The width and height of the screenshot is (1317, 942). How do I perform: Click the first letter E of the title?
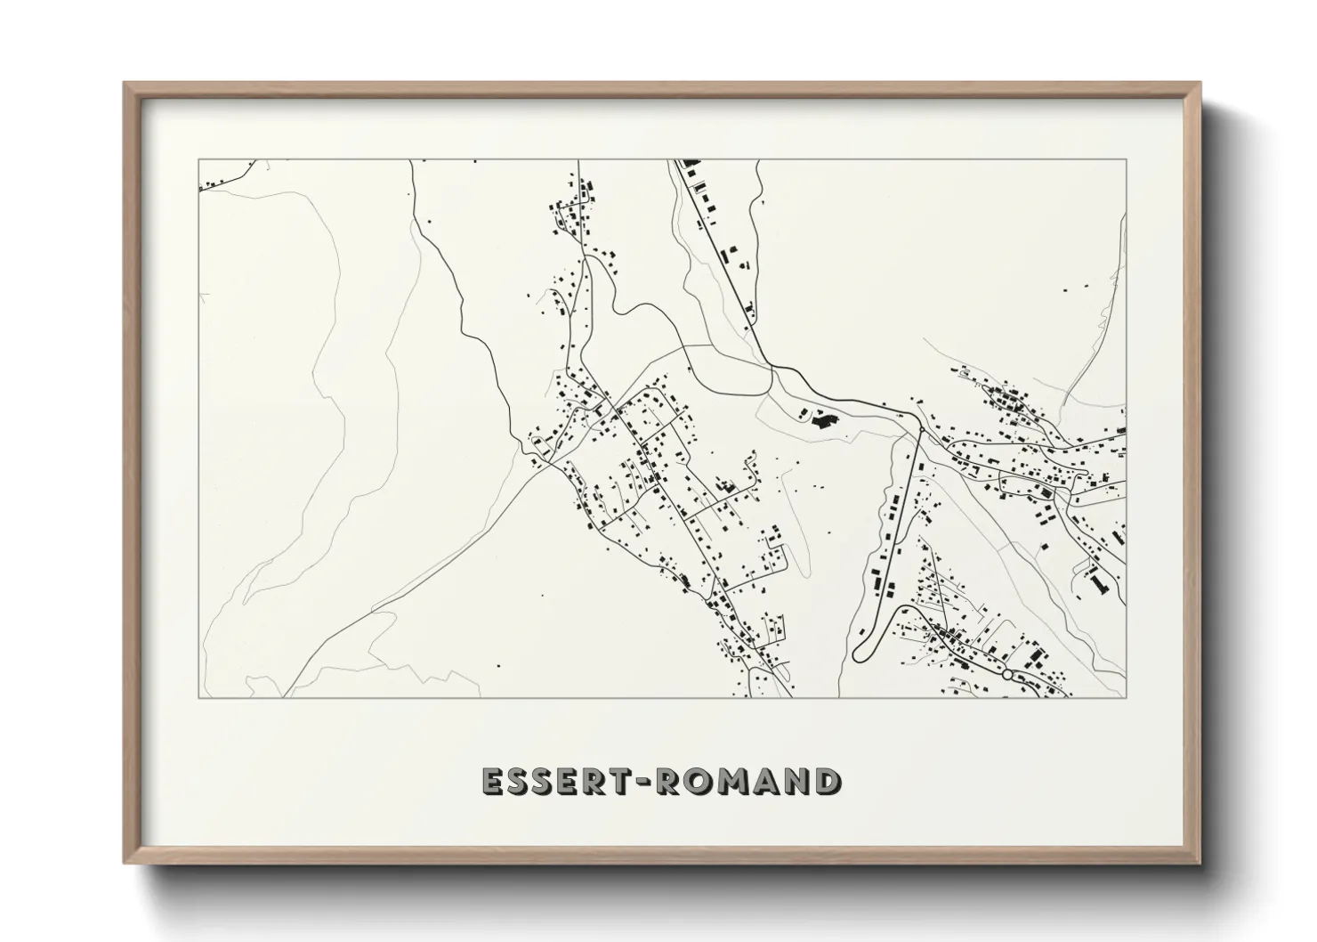point(492,782)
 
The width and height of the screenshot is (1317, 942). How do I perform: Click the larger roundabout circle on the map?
point(1007,675)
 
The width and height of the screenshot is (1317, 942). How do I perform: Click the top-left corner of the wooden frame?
point(125,84)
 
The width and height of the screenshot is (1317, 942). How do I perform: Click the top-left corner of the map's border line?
point(198,160)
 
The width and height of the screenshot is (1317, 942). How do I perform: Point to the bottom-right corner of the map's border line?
point(1126,697)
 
